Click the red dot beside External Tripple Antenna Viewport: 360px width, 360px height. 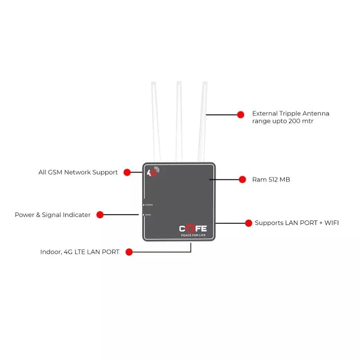pyautogui.click(x=241, y=114)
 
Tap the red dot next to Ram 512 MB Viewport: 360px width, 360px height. pyautogui.click(x=243, y=179)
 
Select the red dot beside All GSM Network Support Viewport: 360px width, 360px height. pyautogui.click(x=127, y=172)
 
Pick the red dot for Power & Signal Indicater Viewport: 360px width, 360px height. pyautogui.click(x=100, y=215)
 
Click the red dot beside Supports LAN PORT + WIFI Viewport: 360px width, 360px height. pyautogui.click(x=248, y=223)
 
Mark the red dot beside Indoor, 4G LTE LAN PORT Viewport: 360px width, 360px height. pyautogui.click(x=129, y=252)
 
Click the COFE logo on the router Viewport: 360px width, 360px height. pyautogui.click(x=193, y=228)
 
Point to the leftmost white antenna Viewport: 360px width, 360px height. pyautogui.click(x=155, y=121)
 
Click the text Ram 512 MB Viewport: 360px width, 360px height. pyautogui.click(x=271, y=180)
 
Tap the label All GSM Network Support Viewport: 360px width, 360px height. pyautogui.click(x=78, y=172)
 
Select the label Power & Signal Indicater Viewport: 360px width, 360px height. pyautogui.click(x=53, y=215)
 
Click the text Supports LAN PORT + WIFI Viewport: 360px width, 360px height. pyautogui.click(x=297, y=223)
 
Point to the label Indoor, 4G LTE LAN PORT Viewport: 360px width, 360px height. pyautogui.click(x=80, y=252)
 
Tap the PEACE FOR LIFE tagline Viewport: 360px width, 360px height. pyautogui.click(x=193, y=235)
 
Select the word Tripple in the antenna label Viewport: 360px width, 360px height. pyautogui.click(x=291, y=113)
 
